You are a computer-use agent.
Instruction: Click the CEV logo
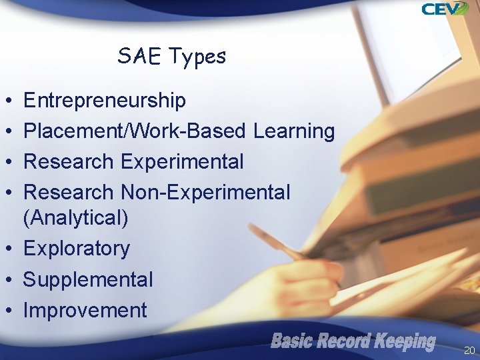[445, 9]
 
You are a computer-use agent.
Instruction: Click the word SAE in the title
[139, 56]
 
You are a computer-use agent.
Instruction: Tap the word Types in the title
[197, 57]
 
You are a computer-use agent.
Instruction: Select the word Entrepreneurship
[105, 101]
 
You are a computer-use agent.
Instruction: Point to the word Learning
[294, 132]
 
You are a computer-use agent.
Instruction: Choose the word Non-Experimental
[205, 193]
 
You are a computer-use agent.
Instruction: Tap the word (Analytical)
[76, 218]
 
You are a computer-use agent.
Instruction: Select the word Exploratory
[77, 249]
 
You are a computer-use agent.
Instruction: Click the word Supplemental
[88, 279]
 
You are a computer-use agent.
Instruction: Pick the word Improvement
[85, 310]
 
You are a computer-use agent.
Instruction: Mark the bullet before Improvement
[6, 311]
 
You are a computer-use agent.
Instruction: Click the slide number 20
[469, 350]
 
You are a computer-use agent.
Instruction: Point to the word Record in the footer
[345, 342]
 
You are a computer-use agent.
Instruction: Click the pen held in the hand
[277, 243]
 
